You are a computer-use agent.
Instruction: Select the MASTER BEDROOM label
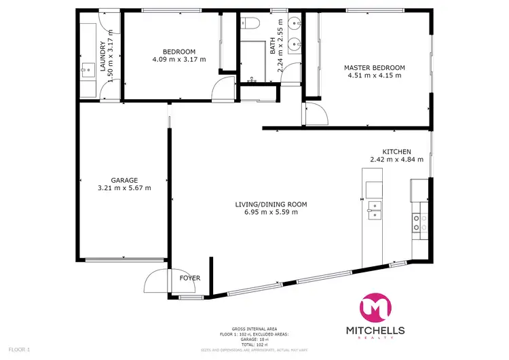point(374,67)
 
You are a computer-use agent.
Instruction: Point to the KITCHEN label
point(397,151)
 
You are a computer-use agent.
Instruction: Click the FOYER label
point(189,278)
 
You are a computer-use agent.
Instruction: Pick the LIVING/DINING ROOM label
point(271,204)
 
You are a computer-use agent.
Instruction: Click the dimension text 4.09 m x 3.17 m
point(179,60)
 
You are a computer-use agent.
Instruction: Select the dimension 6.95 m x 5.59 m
point(271,212)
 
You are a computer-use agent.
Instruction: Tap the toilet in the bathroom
point(250,24)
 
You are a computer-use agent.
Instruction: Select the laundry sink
point(87,69)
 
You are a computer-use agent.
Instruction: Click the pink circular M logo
point(375,306)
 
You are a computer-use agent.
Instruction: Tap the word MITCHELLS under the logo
point(375,331)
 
